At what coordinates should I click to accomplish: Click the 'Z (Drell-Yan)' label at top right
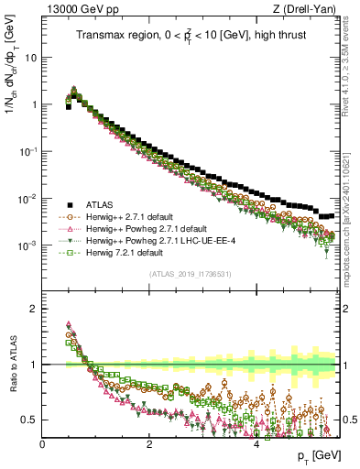click(308, 9)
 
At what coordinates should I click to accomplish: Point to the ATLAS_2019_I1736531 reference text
click(191, 274)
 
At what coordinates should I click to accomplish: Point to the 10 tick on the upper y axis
click(30, 57)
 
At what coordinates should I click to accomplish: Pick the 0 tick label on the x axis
click(42, 442)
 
